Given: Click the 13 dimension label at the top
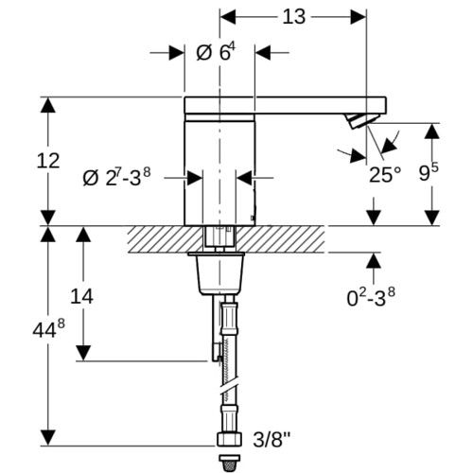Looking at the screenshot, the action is (x=293, y=17).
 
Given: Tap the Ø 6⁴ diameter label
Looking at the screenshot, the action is (x=216, y=52).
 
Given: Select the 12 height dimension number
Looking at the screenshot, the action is (x=48, y=161).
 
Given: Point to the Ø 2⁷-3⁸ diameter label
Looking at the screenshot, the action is (x=116, y=177).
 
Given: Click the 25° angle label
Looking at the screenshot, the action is (x=385, y=175).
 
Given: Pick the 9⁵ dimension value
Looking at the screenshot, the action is (x=429, y=172).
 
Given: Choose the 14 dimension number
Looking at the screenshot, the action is (x=81, y=297).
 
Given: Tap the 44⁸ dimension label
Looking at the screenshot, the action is (x=48, y=328).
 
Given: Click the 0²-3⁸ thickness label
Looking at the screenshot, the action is (x=371, y=297).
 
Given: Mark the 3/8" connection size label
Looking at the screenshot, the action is (x=272, y=439).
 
